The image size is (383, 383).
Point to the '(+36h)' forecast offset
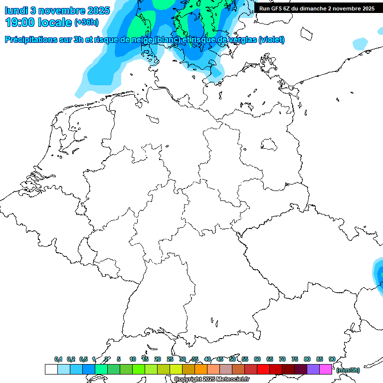coord(86,22)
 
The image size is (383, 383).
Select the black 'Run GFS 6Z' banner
coord(317,8)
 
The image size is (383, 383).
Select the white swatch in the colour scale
coord(51,369)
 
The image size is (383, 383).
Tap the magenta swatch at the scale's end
coord(326,369)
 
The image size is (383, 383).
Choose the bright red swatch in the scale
coord(263,369)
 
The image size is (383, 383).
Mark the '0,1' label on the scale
coord(58,359)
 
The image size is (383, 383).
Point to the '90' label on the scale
coord(332,359)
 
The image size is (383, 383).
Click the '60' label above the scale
coord(257,359)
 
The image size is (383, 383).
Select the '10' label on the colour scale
coord(133,359)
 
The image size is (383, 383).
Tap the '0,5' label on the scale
coord(83,359)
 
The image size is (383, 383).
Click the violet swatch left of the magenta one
coord(313,369)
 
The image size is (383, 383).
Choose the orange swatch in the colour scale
coord(201,369)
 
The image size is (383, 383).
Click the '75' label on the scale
coord(295,359)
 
